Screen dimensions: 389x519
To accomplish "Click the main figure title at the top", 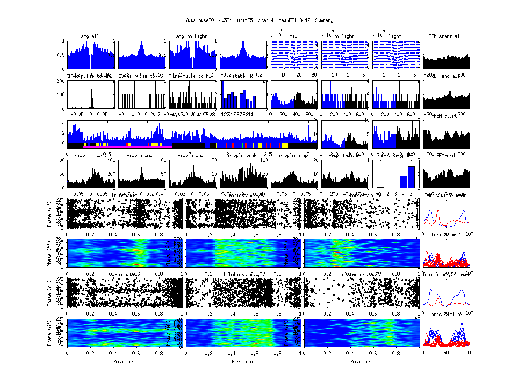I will (259, 20).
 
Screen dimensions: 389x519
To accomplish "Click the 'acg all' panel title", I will (90, 36).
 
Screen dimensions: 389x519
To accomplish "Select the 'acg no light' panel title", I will (192, 36).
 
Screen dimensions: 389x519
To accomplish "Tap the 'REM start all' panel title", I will (445, 36).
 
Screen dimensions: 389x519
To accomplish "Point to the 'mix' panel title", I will (294, 37).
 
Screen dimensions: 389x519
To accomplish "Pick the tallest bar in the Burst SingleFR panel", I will (411, 177).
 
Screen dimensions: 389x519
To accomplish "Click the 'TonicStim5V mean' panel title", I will (445, 195).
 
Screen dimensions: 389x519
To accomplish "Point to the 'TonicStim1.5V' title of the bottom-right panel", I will (445, 314).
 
